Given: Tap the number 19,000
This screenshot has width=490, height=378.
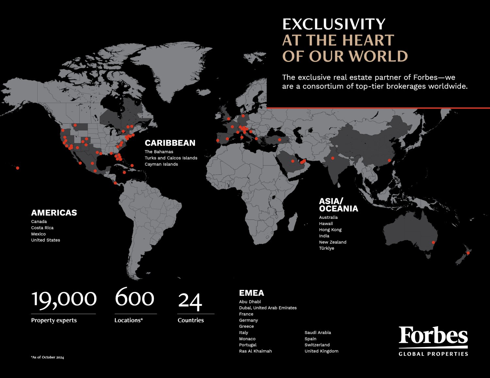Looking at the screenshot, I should pyautogui.click(x=64, y=298).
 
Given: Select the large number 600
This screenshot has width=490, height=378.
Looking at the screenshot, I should pyautogui.click(x=135, y=297).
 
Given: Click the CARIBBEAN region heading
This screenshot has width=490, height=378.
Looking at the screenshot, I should pyautogui.click(x=170, y=143).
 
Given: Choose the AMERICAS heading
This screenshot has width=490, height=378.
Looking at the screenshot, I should pyautogui.click(x=54, y=213).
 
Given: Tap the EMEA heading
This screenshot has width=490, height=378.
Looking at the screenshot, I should pyautogui.click(x=252, y=293).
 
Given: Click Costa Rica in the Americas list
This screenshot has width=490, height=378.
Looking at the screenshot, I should pyautogui.click(x=42, y=228).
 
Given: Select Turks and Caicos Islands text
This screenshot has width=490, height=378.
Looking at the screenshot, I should pyautogui.click(x=171, y=158).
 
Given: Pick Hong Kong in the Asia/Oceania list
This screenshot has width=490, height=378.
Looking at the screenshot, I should pyautogui.click(x=330, y=230).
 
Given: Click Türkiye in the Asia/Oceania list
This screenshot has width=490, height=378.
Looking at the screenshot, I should pyautogui.click(x=327, y=248).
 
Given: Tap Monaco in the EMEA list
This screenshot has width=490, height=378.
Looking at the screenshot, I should pyautogui.click(x=247, y=339).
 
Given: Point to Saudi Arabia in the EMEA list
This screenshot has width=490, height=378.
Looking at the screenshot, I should pyautogui.click(x=318, y=333).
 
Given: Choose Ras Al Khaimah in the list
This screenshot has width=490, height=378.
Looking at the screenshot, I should pyautogui.click(x=255, y=351).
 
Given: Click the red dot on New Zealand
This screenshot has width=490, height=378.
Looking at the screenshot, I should pyautogui.click(x=468, y=253).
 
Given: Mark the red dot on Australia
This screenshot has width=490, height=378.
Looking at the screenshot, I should pyautogui.click(x=433, y=242).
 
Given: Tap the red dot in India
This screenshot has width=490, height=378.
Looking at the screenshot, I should pyautogui.click(x=333, y=158).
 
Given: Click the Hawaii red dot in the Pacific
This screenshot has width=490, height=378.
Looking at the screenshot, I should pyautogui.click(x=18, y=168).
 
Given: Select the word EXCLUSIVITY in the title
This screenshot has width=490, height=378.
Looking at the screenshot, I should pyautogui.click(x=334, y=24).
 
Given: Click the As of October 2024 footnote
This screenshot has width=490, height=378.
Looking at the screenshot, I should pyautogui.click(x=48, y=357).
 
